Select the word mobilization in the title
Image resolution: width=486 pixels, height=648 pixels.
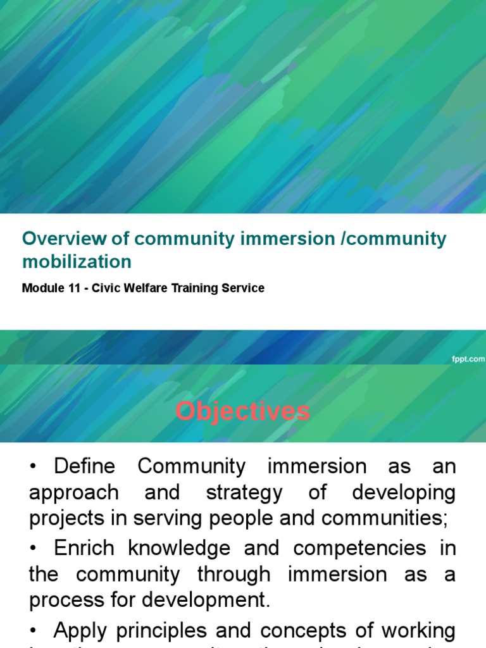click(77, 261)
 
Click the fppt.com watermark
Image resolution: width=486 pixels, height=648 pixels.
click(468, 359)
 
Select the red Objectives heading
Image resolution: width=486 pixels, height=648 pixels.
click(243, 412)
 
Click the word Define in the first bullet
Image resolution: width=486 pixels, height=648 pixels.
click(85, 467)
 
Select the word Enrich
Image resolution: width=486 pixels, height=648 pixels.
click(85, 548)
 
